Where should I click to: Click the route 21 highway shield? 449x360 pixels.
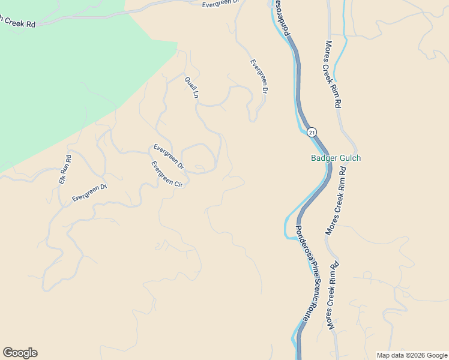pyautogui.click(x=311, y=131)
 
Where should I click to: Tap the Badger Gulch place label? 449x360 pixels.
pyautogui.click(x=336, y=158)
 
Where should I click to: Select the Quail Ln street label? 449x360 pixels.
pyautogui.click(x=191, y=87)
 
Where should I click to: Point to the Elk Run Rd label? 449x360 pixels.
pyautogui.click(x=65, y=170)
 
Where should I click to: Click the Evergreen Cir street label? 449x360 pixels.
pyautogui.click(x=166, y=175)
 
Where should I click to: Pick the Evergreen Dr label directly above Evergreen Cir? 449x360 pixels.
pyautogui.click(x=169, y=156)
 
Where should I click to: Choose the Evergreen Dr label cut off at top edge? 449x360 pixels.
pyautogui.click(x=220, y=4)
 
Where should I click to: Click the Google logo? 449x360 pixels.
pyautogui.click(x=20, y=353)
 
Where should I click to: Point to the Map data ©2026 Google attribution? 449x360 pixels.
pyautogui.click(x=412, y=355)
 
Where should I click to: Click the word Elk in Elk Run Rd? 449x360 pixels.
pyautogui.click(x=62, y=179)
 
